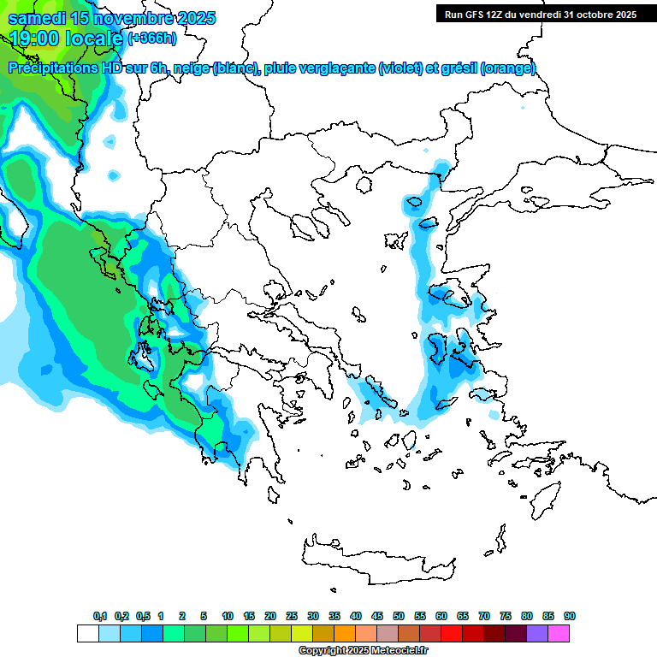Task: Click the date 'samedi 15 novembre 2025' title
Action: pos(112,18)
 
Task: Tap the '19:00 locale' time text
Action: pos(67,38)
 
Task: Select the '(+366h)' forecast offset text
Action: pos(152,38)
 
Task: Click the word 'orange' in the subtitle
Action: pos(508,68)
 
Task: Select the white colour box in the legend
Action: pos(87,634)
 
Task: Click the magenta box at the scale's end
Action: pos(559,634)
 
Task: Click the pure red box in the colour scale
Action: pos(452,634)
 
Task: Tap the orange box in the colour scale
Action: pos(345,634)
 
